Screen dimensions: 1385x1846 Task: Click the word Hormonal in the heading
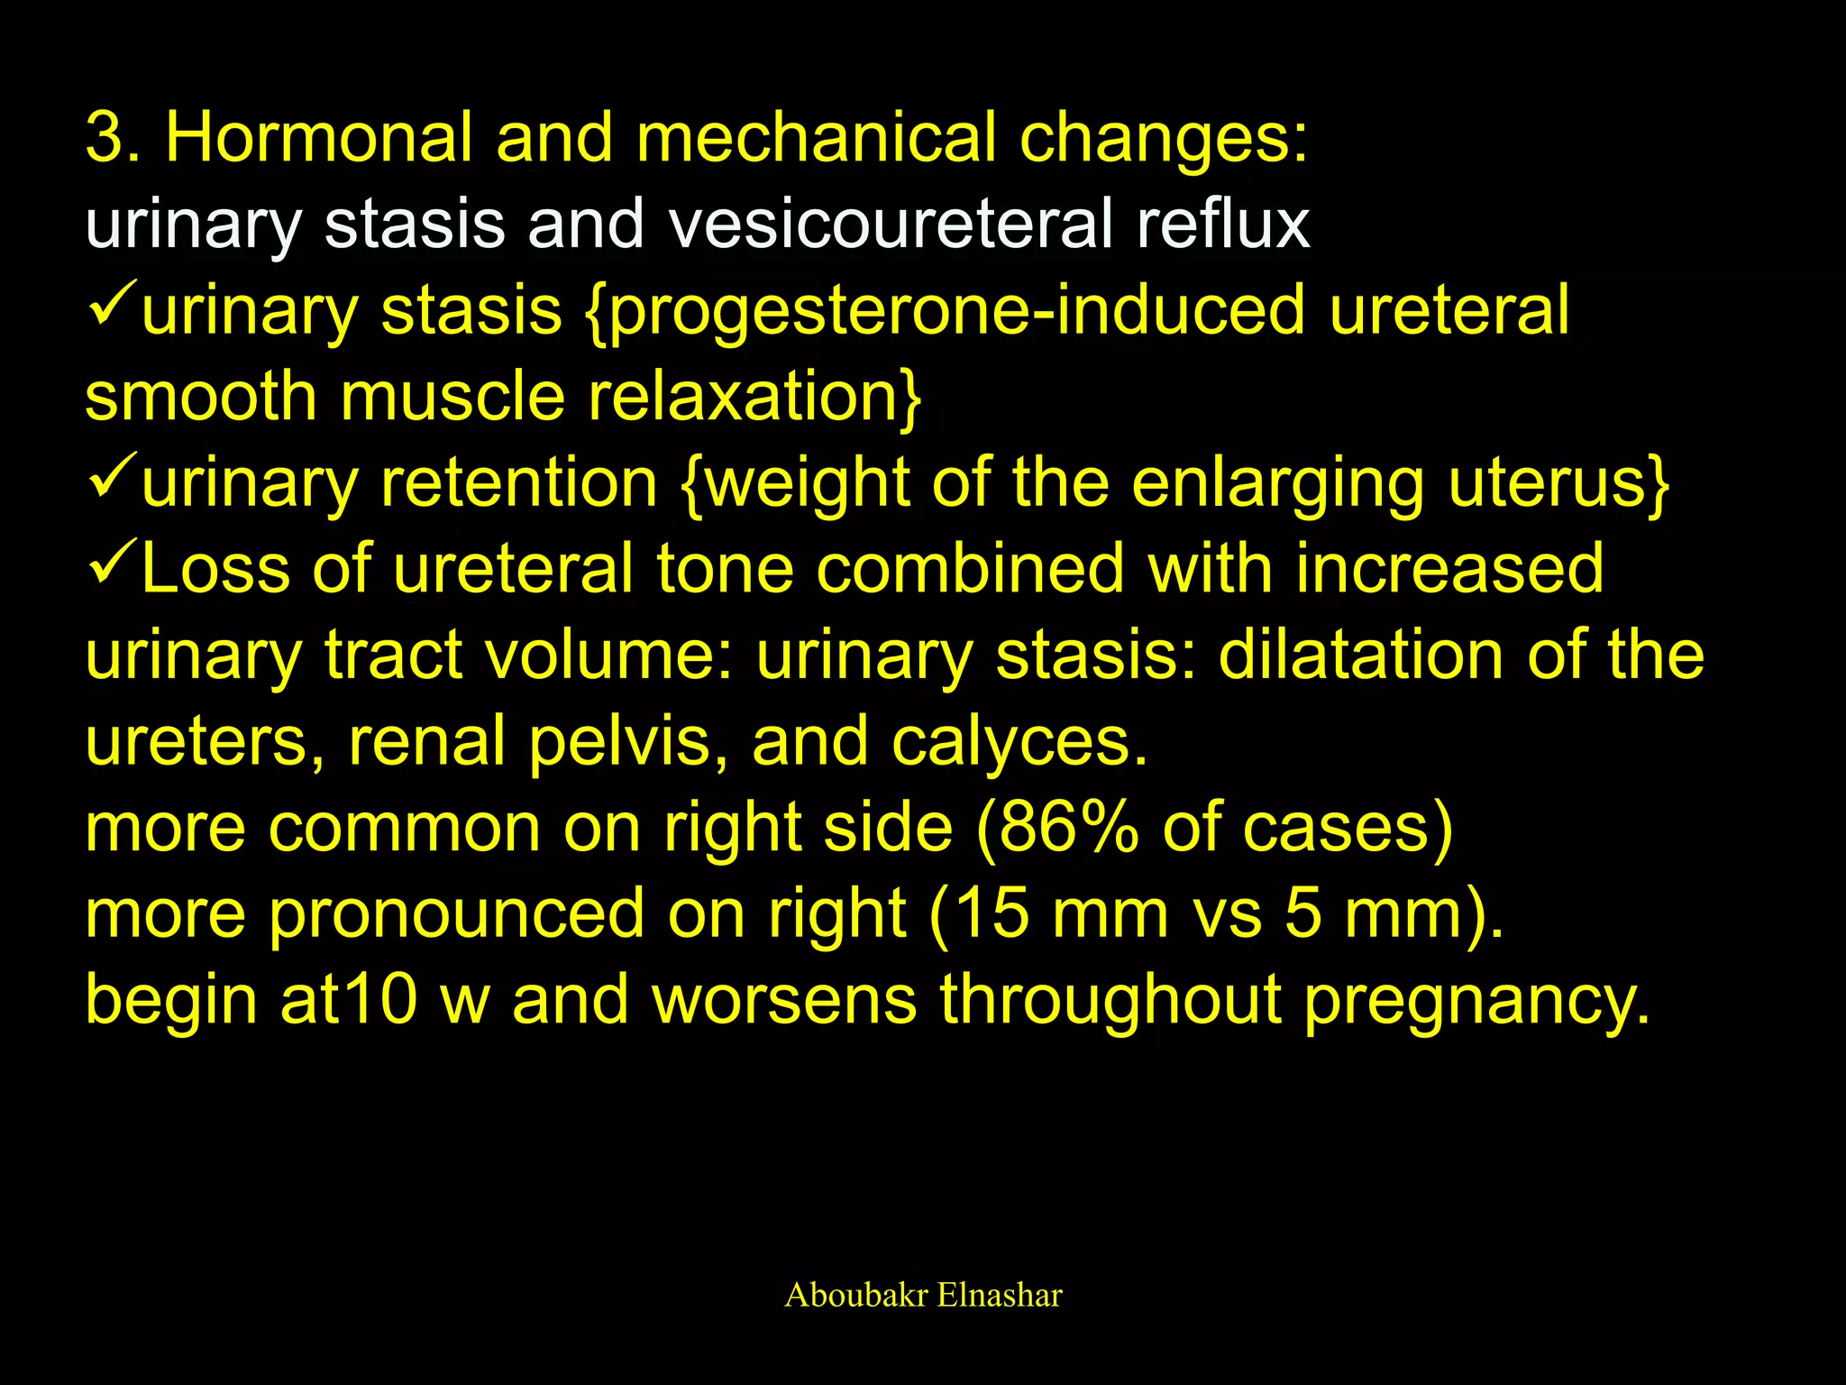click(319, 138)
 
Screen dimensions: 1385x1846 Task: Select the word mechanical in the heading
click(816, 138)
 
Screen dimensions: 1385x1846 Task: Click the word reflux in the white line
click(1223, 225)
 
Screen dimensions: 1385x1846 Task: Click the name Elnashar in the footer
click(1000, 1296)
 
